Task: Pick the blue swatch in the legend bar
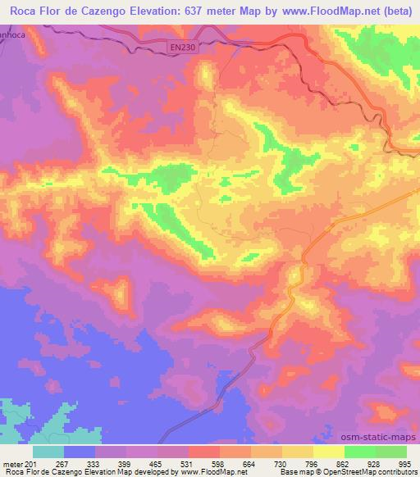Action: pyautogui.click(x=79, y=452)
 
